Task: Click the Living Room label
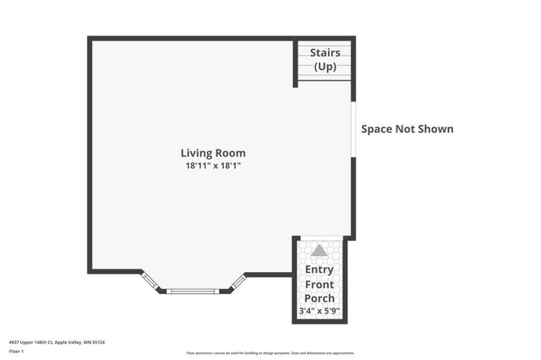tap(213, 153)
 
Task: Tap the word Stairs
tap(325, 52)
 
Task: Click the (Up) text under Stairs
tap(325, 66)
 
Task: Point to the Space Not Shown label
tap(407, 129)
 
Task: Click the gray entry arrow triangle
tap(319, 250)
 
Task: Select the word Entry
tap(320, 270)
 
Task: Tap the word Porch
tap(320, 298)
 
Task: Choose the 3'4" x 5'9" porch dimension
tap(320, 312)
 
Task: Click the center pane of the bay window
tap(193, 292)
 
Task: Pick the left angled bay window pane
tap(150, 281)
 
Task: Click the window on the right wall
tap(353, 129)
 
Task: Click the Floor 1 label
tap(17, 351)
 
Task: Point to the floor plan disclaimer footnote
tap(270, 353)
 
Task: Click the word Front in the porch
tap(320, 285)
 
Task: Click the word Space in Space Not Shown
tap(378, 129)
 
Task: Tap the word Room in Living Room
tap(230, 153)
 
